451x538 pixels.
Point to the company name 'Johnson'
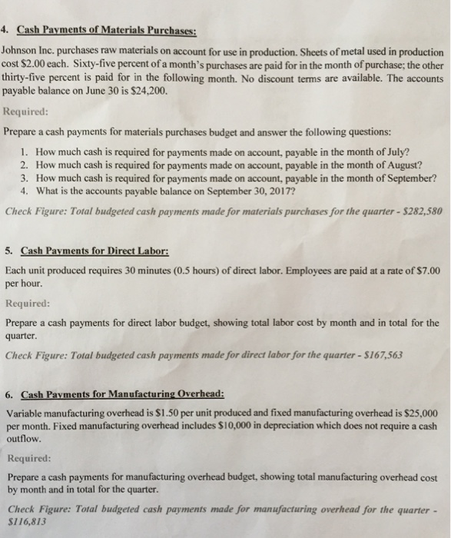[24, 51]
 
